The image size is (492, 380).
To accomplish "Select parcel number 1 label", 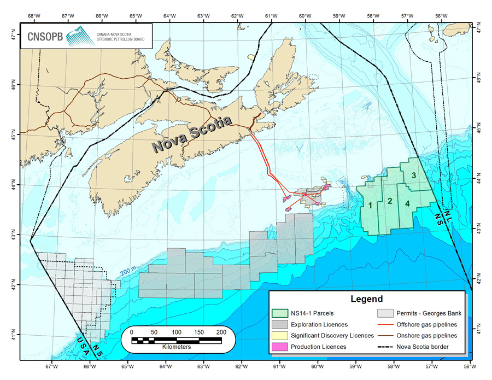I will coord(370,206).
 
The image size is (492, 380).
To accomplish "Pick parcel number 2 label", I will coord(389,201).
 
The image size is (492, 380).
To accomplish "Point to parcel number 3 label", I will coord(414,175).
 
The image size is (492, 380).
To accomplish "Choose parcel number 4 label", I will coord(408,204).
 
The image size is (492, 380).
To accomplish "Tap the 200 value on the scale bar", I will coord(221,332).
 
